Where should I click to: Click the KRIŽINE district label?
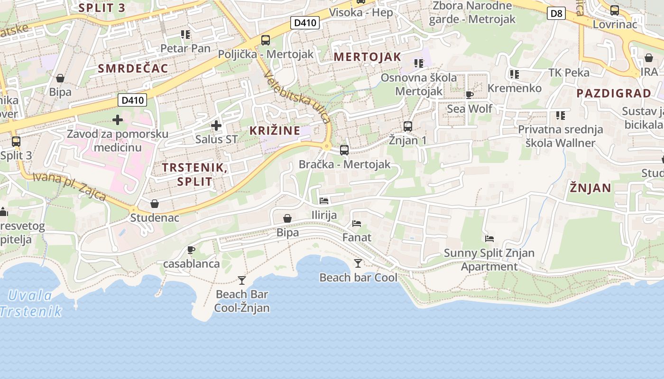275,131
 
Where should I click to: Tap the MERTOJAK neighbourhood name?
368,57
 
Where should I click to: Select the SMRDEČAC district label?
133,68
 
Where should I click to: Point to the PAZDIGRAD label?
614,93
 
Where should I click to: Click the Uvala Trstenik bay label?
31,303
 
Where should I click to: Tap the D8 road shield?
556,13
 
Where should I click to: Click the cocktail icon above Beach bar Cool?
358,263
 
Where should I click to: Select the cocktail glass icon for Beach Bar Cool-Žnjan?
242,280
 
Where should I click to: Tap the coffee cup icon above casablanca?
191,250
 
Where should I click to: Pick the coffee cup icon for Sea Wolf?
470,95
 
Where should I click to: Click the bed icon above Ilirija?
324,201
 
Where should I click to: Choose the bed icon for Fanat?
357,223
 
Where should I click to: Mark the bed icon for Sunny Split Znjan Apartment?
489,239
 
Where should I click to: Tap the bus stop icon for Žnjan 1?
408,126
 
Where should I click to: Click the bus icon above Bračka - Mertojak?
344,150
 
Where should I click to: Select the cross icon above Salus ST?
216,126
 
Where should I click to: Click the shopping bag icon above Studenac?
155,204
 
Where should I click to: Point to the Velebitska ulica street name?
297,97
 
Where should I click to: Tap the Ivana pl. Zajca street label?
69,186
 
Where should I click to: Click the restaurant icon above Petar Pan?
185,35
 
